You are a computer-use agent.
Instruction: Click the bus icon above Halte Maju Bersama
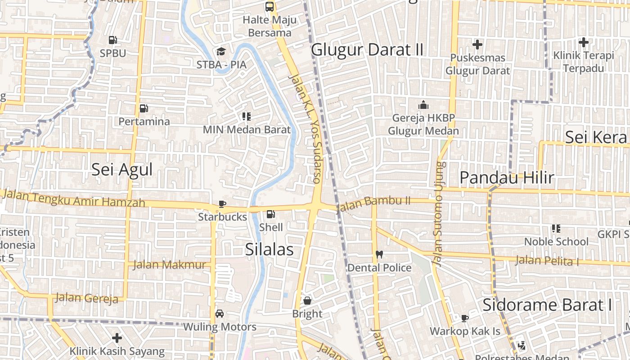click(270, 7)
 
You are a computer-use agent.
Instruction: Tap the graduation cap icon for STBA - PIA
click(220, 51)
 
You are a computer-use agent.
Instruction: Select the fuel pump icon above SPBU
click(113, 40)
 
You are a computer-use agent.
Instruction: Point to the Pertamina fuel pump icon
click(144, 108)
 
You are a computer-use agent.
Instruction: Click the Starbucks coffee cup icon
click(222, 204)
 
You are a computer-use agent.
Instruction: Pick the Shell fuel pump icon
click(270, 214)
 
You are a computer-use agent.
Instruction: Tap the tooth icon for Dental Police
click(379, 254)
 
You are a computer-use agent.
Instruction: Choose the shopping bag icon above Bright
click(307, 300)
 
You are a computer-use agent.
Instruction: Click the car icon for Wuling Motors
click(220, 313)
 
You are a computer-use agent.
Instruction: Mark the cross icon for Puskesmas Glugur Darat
click(477, 45)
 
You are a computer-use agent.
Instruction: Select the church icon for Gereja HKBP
click(423, 105)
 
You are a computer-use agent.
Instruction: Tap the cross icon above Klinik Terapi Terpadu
click(584, 43)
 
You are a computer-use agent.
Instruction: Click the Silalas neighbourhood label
click(270, 250)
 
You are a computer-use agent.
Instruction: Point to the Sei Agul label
click(122, 170)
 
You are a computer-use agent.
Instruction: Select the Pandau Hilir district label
click(507, 178)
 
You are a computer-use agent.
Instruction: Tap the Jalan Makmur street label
click(169, 265)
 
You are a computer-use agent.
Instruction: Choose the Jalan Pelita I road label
click(547, 260)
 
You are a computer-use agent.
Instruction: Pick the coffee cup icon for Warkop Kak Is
click(465, 318)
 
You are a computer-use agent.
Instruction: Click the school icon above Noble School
click(556, 229)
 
